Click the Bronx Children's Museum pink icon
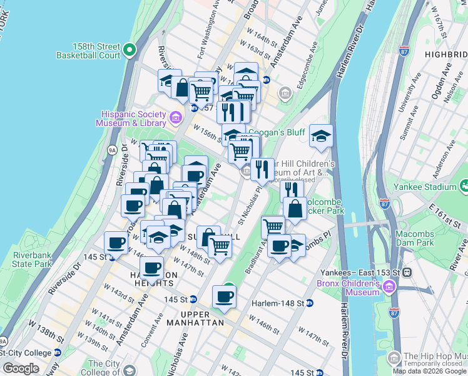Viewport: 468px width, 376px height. tap(389, 287)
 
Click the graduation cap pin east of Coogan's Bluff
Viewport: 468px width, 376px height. tap(321, 137)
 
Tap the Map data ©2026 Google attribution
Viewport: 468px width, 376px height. tap(429, 371)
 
